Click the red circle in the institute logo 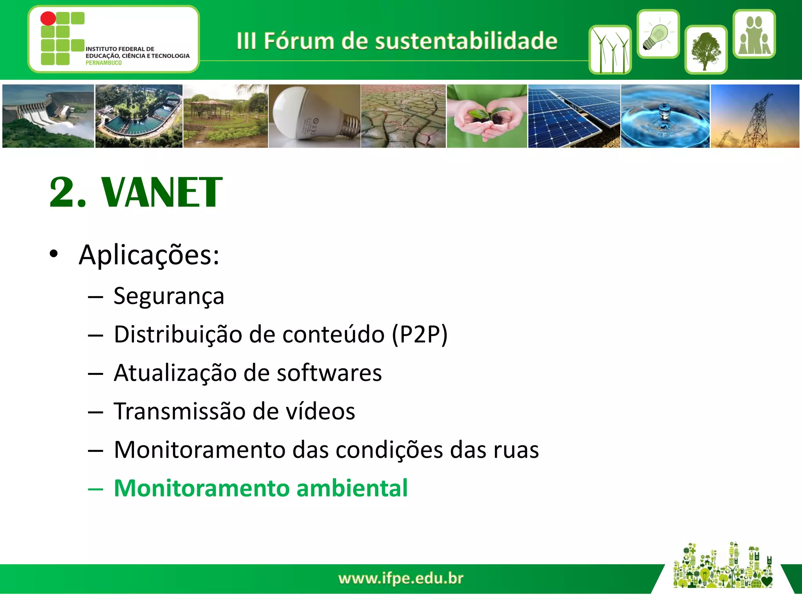point(48,18)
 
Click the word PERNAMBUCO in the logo point(103,63)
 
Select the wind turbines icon point(610,50)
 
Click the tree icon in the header point(706,50)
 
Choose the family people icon point(754,34)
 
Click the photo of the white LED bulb point(314,116)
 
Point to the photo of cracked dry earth point(403,116)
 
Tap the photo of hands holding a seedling point(487,116)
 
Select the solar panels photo point(574,116)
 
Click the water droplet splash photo point(665,116)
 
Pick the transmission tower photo point(755,116)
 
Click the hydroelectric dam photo point(48,116)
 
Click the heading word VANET point(161,193)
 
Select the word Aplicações point(149,255)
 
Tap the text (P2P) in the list point(420,335)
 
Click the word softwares point(329,373)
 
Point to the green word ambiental point(352,488)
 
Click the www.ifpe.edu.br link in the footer point(401,578)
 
